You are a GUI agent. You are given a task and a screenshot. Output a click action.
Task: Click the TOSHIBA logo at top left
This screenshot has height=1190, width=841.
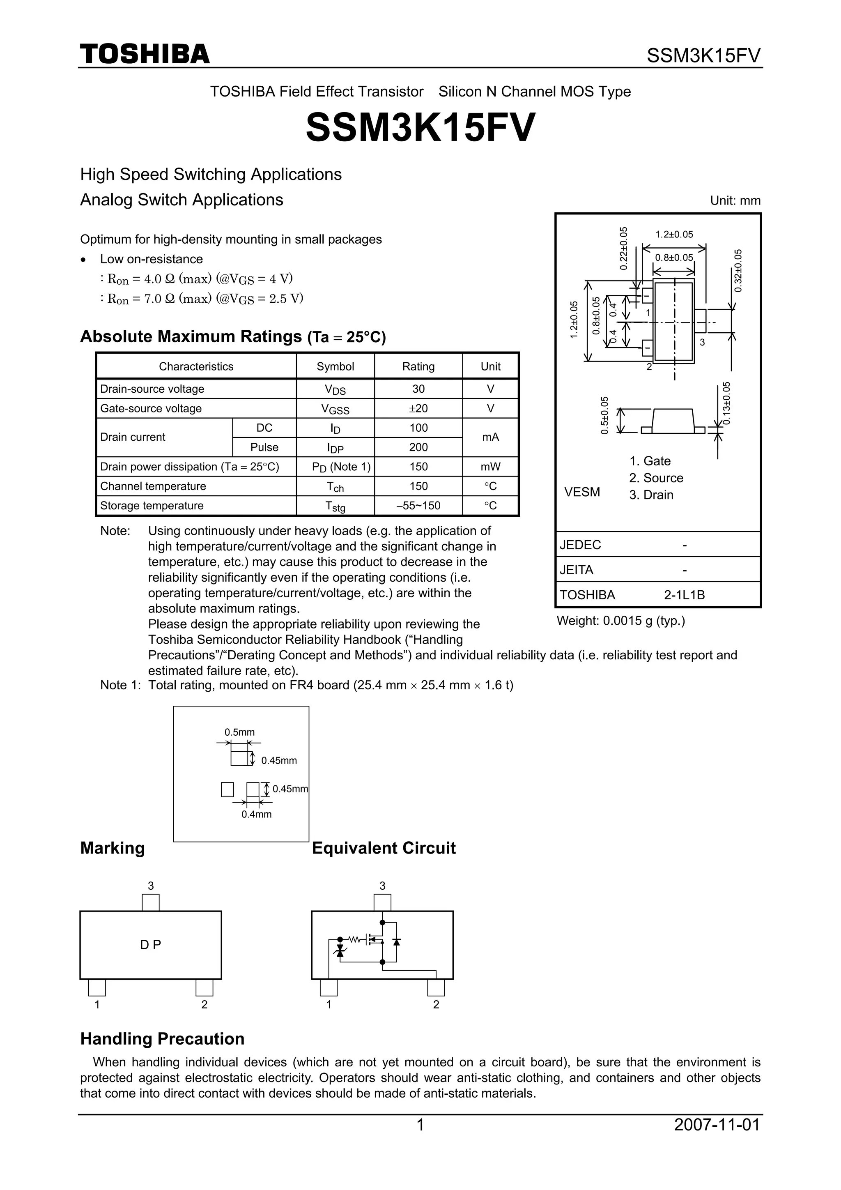145,54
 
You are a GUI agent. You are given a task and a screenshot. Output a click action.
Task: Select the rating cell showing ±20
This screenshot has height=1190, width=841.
418,408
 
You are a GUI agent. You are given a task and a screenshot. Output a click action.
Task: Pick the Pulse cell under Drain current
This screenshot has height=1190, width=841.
264,447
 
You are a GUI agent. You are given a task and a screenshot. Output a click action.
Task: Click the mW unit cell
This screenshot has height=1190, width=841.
490,467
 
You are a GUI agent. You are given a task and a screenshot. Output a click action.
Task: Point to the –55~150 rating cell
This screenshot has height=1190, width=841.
418,505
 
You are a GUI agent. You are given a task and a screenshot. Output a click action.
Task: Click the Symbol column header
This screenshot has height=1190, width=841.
335,366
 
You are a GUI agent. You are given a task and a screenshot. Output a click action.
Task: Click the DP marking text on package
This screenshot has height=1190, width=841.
150,945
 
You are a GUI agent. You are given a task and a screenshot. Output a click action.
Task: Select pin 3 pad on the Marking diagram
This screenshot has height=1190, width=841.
151,902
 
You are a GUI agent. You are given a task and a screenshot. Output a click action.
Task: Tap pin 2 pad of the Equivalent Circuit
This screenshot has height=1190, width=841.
436,987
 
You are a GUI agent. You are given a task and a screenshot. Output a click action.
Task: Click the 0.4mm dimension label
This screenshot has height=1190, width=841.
257,814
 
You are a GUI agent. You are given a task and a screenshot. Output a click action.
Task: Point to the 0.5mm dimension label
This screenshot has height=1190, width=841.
239,732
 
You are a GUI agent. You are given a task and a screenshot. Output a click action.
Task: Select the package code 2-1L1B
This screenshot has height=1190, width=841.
684,595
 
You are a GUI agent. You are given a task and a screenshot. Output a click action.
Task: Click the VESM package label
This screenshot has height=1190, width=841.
582,492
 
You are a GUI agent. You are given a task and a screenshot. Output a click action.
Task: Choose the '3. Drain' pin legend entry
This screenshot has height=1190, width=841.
651,495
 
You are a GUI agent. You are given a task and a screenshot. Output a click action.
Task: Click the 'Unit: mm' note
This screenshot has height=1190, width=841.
735,200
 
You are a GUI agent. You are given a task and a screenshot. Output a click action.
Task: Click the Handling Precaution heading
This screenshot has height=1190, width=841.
162,1039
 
